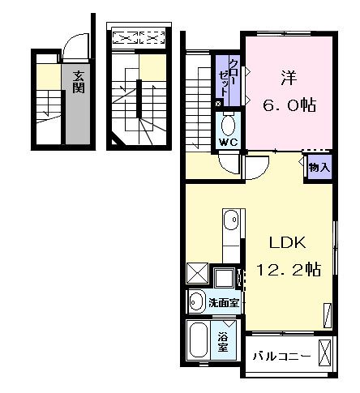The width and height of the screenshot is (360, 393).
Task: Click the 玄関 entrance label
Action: [78, 81]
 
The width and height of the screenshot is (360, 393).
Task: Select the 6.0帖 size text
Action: [288, 105]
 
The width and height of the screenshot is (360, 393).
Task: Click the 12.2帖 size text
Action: [288, 270]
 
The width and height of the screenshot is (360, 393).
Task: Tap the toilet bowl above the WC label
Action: [228, 125]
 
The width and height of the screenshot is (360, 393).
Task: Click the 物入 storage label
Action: [318, 168]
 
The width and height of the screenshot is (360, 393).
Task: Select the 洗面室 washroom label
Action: [222, 303]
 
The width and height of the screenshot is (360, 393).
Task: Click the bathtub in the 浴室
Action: [199, 340]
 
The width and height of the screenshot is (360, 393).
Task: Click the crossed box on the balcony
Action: [325, 354]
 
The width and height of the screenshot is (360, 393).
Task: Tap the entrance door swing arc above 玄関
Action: [73, 47]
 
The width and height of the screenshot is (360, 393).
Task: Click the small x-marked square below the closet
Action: [217, 105]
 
